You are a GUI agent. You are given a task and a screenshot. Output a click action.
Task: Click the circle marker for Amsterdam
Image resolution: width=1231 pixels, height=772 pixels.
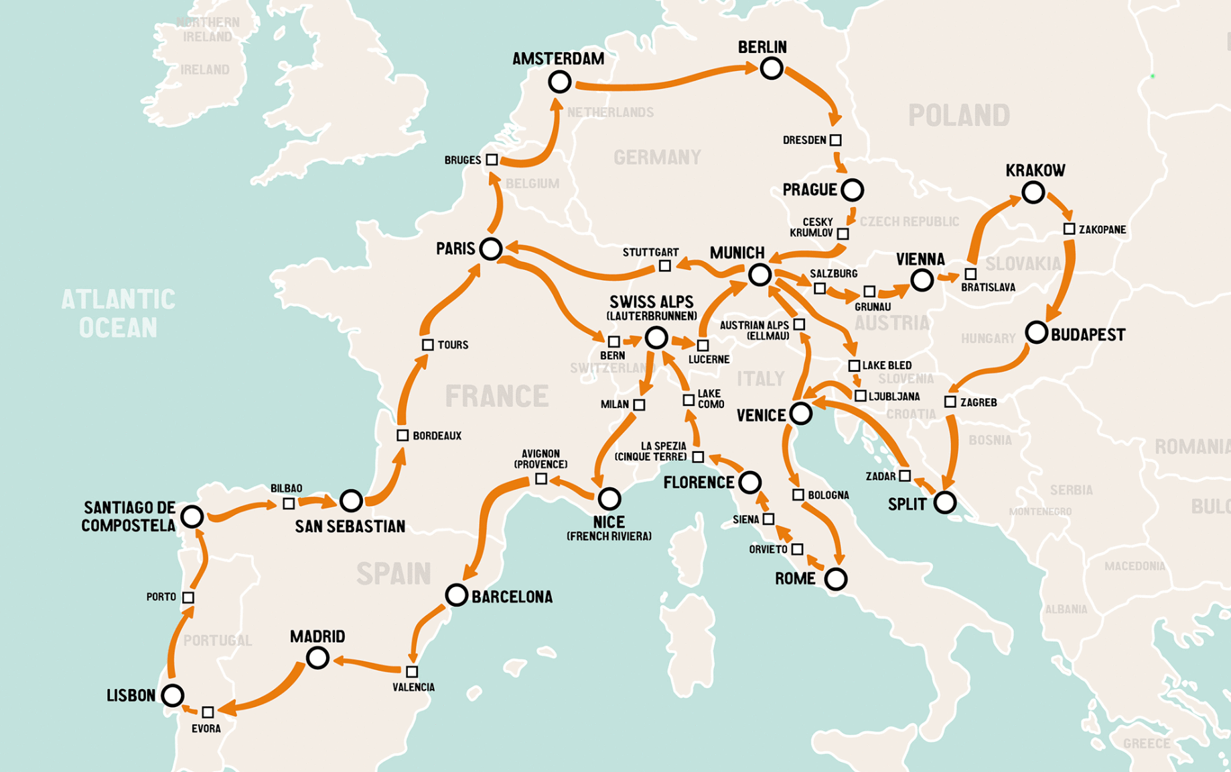[x=559, y=82]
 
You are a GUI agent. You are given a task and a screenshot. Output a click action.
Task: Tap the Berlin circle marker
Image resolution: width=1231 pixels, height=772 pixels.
[x=771, y=68]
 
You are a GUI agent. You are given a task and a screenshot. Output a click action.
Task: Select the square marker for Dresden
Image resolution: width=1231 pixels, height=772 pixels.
[x=835, y=140]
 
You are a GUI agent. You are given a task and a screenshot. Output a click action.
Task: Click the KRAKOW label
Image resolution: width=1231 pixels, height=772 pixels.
[x=1035, y=170]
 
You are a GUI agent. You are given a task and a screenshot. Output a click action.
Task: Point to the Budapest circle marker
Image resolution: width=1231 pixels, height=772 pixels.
[x=1036, y=332]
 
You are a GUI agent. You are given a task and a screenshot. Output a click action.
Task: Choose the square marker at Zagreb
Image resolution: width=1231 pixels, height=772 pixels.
[x=950, y=401]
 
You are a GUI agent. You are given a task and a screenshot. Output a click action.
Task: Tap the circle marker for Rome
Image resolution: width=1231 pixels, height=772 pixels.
[x=835, y=578]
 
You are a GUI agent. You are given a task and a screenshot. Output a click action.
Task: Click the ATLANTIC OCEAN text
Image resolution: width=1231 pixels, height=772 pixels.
[x=119, y=313]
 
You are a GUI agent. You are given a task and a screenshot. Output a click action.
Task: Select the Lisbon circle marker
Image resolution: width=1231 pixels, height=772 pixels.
[x=173, y=695]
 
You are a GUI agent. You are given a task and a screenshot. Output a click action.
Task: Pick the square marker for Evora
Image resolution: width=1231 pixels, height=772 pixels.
[x=208, y=712]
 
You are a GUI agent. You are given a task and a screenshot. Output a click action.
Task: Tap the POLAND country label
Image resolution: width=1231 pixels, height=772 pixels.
[x=958, y=115]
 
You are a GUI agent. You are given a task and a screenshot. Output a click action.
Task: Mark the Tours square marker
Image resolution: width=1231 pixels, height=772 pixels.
[x=427, y=344]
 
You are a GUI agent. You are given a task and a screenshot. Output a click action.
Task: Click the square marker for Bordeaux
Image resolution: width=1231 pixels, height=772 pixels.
[x=403, y=435]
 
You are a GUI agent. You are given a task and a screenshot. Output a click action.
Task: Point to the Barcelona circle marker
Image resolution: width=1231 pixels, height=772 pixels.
[x=456, y=594]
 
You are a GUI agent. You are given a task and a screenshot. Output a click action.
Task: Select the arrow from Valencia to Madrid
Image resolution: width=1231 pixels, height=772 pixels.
[x=368, y=664]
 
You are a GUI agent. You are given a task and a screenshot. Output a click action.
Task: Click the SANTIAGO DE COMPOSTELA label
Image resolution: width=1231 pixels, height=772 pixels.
[x=129, y=516]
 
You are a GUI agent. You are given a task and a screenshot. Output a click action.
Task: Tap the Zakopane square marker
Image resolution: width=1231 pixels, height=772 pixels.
[x=1069, y=229]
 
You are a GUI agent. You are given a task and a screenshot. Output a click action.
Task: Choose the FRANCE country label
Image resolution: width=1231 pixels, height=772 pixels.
[x=496, y=396]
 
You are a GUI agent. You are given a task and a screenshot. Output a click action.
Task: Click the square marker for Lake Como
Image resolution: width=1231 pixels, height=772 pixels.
[x=688, y=400]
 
